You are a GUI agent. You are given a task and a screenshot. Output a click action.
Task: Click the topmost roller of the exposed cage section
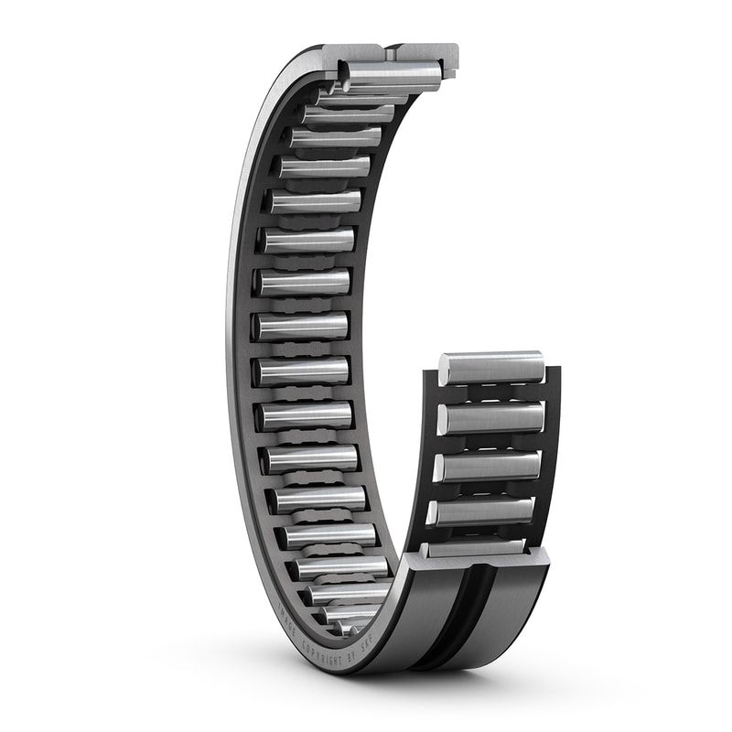point(491,368)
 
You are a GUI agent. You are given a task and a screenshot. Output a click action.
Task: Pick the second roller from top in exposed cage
point(490,417)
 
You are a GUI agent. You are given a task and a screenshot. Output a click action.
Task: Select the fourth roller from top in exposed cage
point(480,511)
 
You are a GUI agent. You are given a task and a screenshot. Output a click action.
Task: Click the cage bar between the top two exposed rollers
point(492,393)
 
